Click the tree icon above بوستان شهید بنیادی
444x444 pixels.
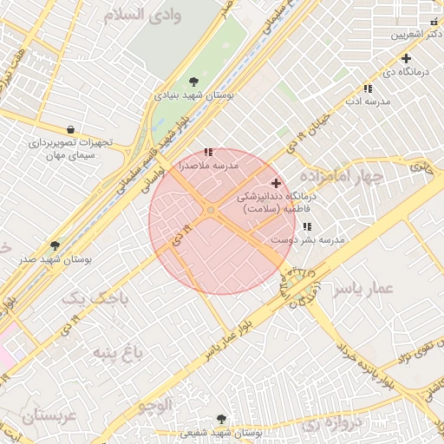click(193, 82)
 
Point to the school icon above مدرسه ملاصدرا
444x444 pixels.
click(208, 152)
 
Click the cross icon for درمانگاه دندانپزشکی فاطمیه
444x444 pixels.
click(277, 183)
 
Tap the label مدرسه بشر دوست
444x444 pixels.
click(308, 238)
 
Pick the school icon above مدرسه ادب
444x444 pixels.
click(368, 88)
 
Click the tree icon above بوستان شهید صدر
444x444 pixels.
click(55, 245)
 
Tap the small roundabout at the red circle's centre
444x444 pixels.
click(211, 210)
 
